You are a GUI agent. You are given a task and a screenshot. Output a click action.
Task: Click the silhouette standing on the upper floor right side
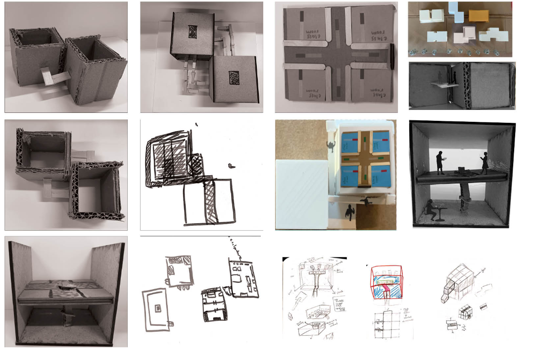click(484, 163)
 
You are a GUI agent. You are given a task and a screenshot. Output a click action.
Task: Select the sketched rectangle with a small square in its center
click(157, 309)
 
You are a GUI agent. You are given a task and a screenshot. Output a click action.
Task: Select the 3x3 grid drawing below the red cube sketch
click(388, 324)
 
